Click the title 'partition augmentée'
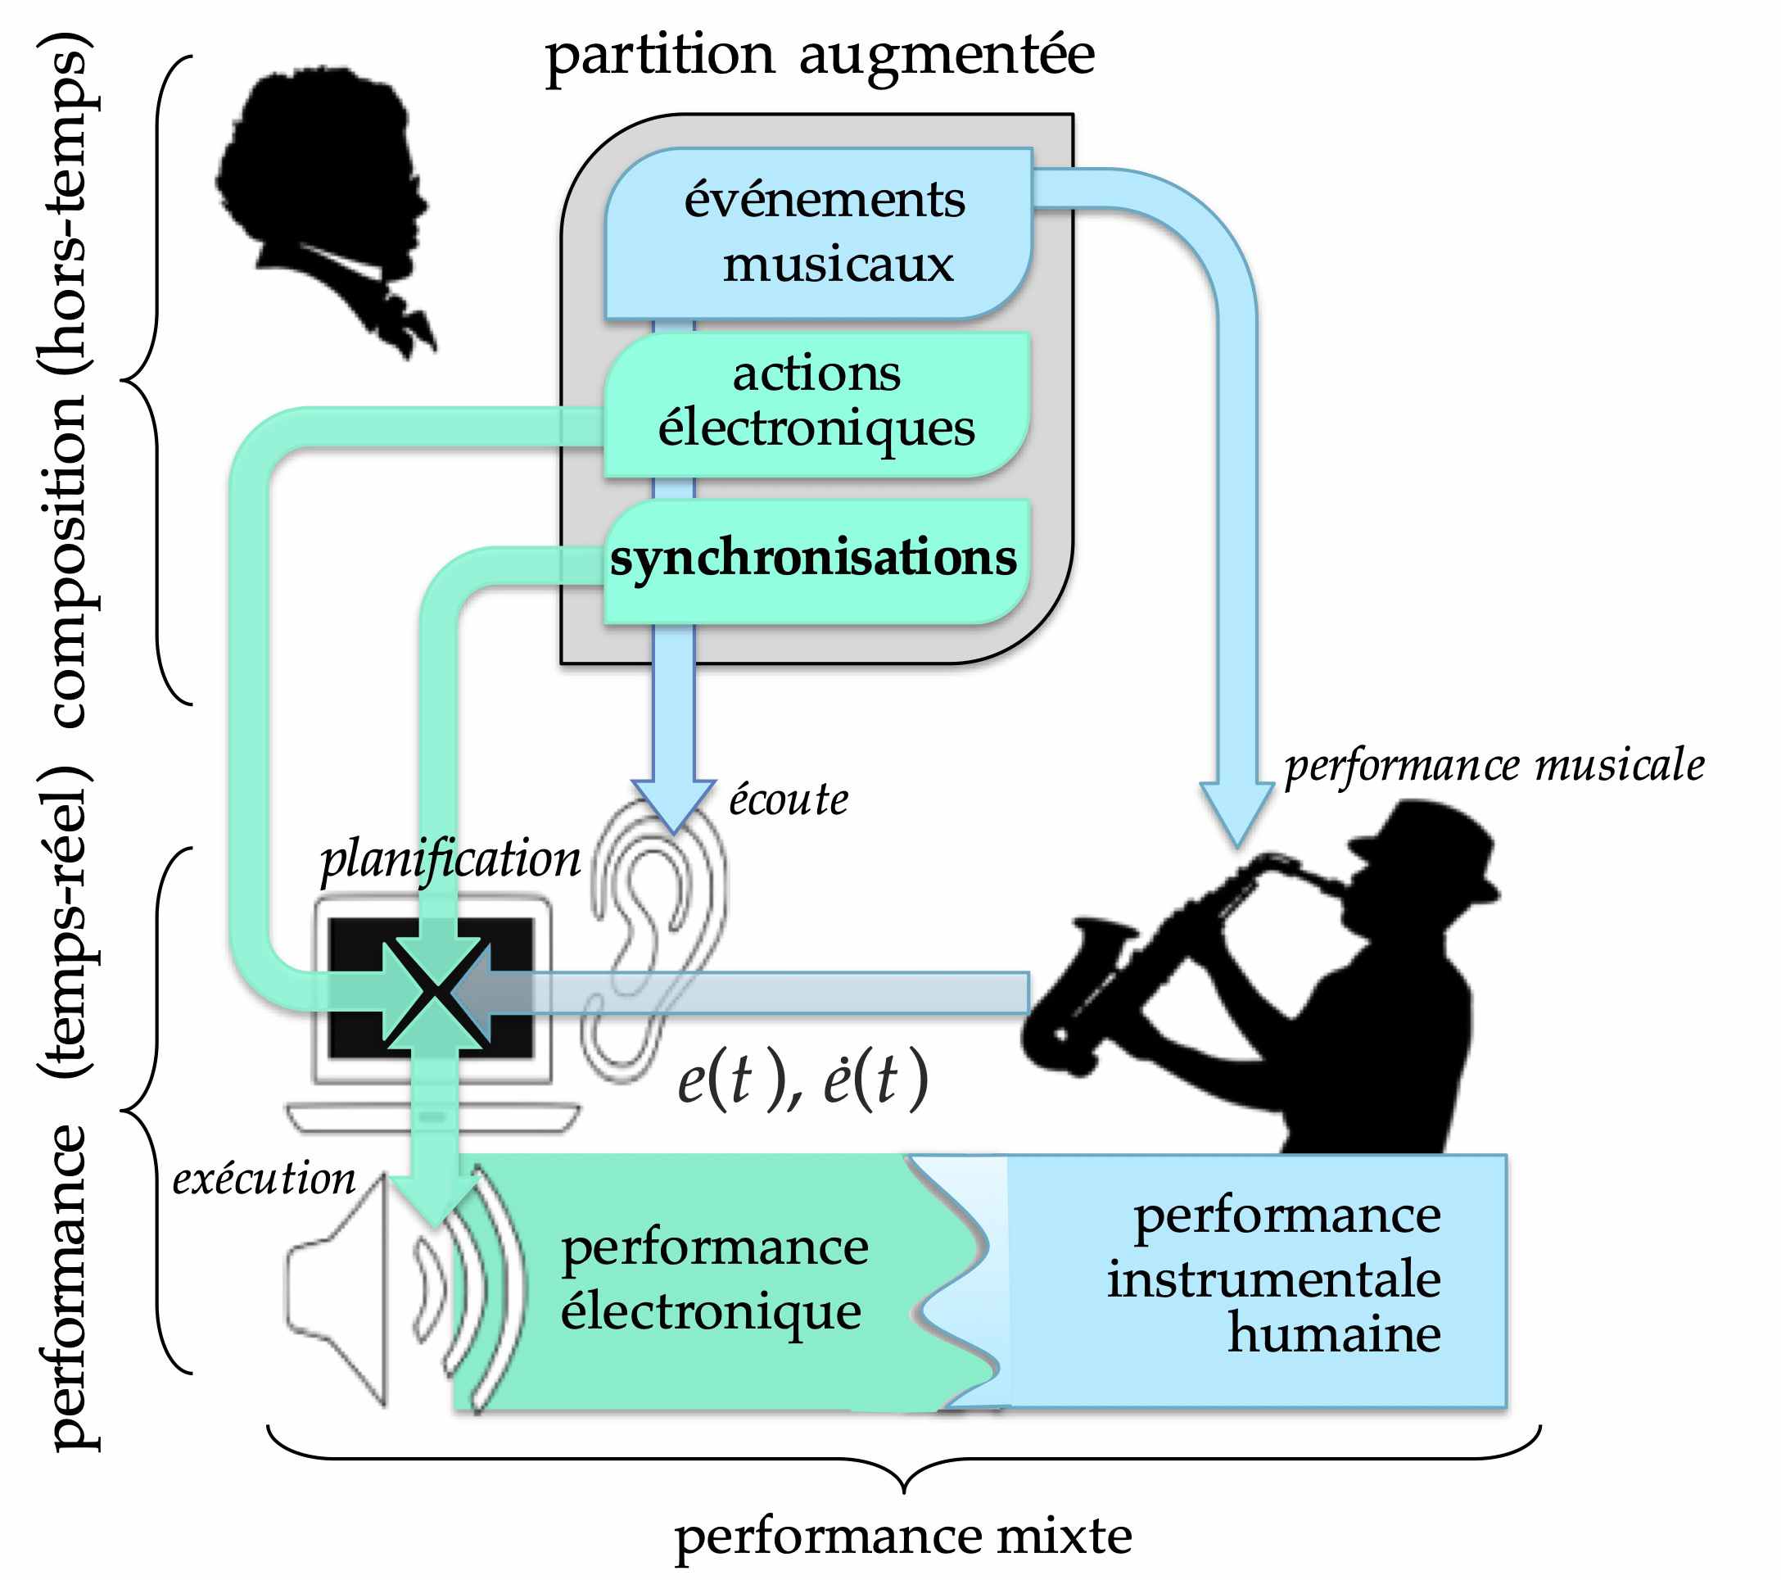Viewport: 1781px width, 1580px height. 819,57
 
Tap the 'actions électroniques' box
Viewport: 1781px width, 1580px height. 816,403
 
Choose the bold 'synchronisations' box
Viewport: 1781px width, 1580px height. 813,558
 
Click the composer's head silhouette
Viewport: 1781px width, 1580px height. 323,174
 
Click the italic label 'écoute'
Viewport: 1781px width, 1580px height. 788,800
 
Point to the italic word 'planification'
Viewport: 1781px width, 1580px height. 450,861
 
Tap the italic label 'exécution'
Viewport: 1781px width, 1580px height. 264,1180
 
